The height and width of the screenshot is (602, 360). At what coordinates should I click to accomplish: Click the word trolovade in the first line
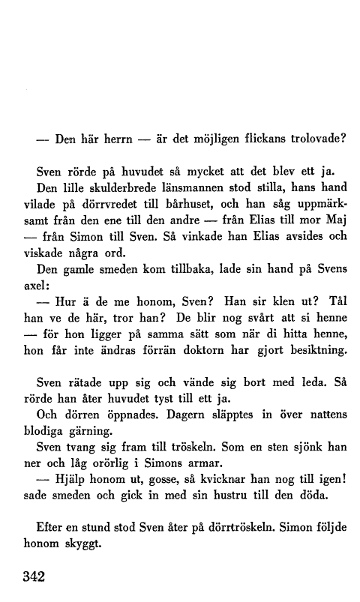310,138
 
